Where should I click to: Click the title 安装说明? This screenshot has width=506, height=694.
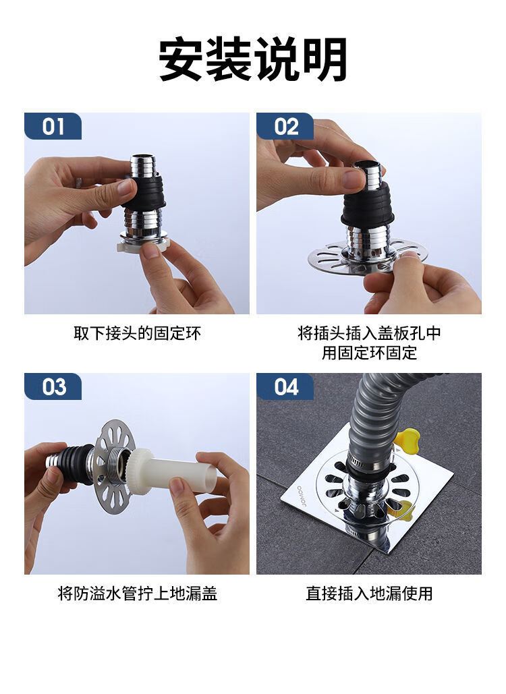[253, 59]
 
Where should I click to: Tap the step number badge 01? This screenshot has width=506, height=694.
[53, 126]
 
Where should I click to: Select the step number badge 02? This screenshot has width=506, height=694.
[285, 126]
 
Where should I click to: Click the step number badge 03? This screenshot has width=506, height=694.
[53, 386]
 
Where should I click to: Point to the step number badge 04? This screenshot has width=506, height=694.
[285, 386]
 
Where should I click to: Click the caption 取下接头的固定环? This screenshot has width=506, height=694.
[137, 333]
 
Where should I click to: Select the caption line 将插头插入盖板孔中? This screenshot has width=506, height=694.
[369, 333]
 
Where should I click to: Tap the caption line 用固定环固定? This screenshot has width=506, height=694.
[369, 353]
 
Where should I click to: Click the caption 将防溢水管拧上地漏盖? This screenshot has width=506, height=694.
[137, 594]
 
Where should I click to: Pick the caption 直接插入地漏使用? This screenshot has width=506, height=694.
[369, 594]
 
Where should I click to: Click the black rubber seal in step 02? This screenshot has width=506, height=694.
[367, 206]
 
